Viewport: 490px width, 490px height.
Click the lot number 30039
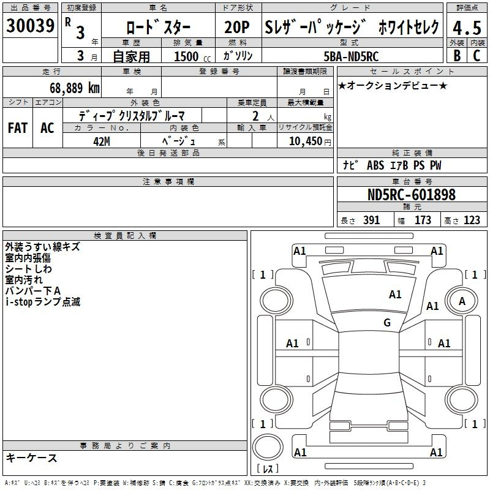[30, 26]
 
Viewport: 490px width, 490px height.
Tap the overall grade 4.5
[467, 28]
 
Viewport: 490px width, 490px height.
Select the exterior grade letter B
[457, 56]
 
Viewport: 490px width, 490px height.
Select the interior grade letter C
[477, 56]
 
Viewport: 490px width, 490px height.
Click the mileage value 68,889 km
[74, 88]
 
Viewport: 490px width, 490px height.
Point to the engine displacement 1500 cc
[192, 56]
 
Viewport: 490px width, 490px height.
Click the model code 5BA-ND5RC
[351, 56]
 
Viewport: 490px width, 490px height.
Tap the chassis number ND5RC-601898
[412, 195]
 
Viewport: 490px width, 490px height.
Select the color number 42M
[102, 141]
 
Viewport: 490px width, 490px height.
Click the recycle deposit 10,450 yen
[310, 141]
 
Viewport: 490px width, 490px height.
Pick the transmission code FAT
[18, 128]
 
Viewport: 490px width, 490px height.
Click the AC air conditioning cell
[48, 128]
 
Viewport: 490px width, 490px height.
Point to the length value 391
[371, 220]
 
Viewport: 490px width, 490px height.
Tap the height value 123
[472, 220]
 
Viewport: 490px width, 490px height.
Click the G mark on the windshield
[387, 322]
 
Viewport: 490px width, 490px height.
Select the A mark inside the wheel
[462, 301]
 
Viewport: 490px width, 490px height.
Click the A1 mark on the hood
[395, 295]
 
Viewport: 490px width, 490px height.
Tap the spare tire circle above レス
[268, 447]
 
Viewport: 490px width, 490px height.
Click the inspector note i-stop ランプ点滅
[43, 302]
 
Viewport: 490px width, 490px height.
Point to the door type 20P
[237, 27]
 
